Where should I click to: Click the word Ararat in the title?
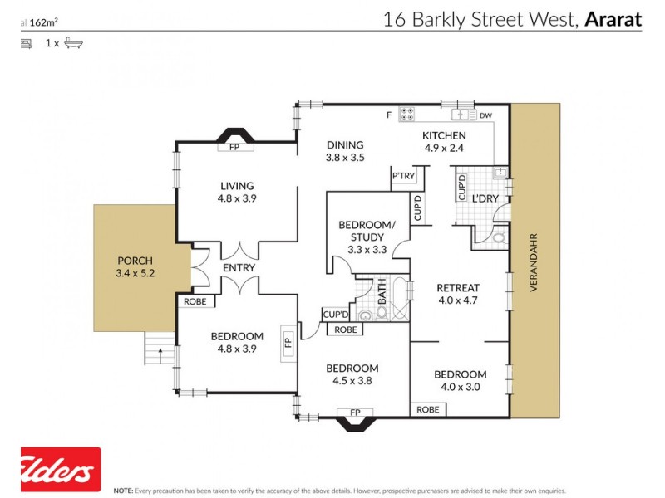point(613,19)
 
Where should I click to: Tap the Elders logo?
point(60,470)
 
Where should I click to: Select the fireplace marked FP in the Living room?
point(236,148)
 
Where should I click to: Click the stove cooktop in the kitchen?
point(408,115)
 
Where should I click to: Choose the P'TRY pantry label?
point(403,176)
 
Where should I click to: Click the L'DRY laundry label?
point(485,200)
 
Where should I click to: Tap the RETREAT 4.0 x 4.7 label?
point(458,294)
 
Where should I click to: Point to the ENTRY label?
point(238,268)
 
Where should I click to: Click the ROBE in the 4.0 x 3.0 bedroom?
point(428,409)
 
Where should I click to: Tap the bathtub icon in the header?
point(74,42)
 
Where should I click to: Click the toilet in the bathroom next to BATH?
point(366,315)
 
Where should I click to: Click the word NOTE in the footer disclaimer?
point(123,491)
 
